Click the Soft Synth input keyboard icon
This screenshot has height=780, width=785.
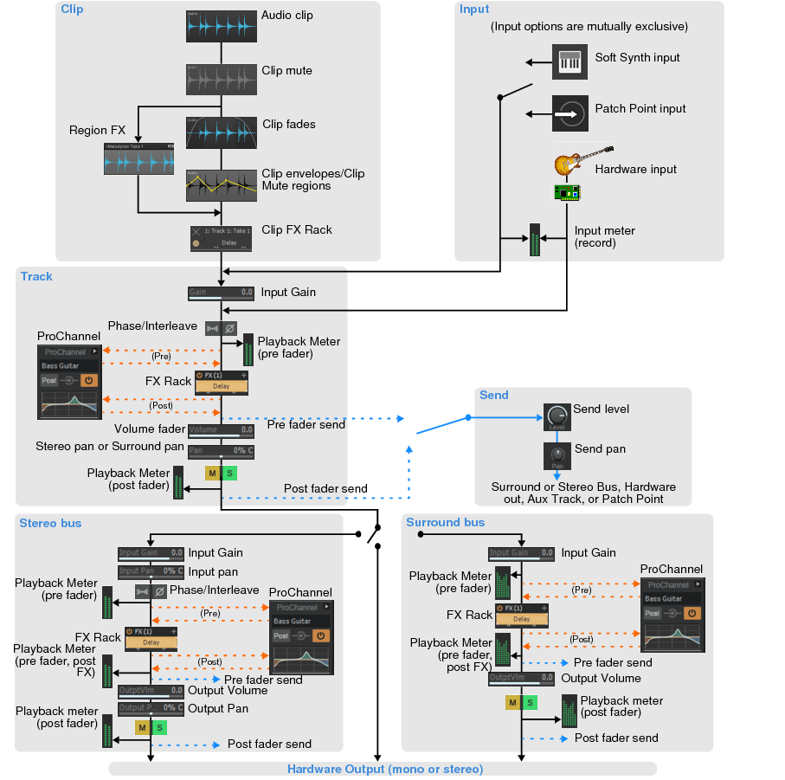point(569,62)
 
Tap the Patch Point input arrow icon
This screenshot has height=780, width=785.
point(569,113)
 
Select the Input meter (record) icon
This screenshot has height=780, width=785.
point(534,241)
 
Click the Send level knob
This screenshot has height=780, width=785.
point(556,416)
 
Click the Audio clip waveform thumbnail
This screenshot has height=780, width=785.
point(221,27)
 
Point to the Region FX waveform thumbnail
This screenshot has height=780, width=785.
point(138,160)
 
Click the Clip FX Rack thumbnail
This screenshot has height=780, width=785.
point(221,238)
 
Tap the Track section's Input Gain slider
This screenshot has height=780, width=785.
point(221,293)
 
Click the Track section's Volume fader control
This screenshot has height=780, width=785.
point(221,430)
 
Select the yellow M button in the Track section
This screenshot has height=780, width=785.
point(212,473)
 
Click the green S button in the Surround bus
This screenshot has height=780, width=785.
point(529,702)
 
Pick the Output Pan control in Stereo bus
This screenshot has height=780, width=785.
point(151,708)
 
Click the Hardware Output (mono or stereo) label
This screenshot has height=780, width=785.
point(384,769)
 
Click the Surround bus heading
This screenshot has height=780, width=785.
point(446,523)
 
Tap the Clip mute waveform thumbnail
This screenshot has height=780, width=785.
point(221,79)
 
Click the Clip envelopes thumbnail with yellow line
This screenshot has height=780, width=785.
point(221,185)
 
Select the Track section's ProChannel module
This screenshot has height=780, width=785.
point(69,382)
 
